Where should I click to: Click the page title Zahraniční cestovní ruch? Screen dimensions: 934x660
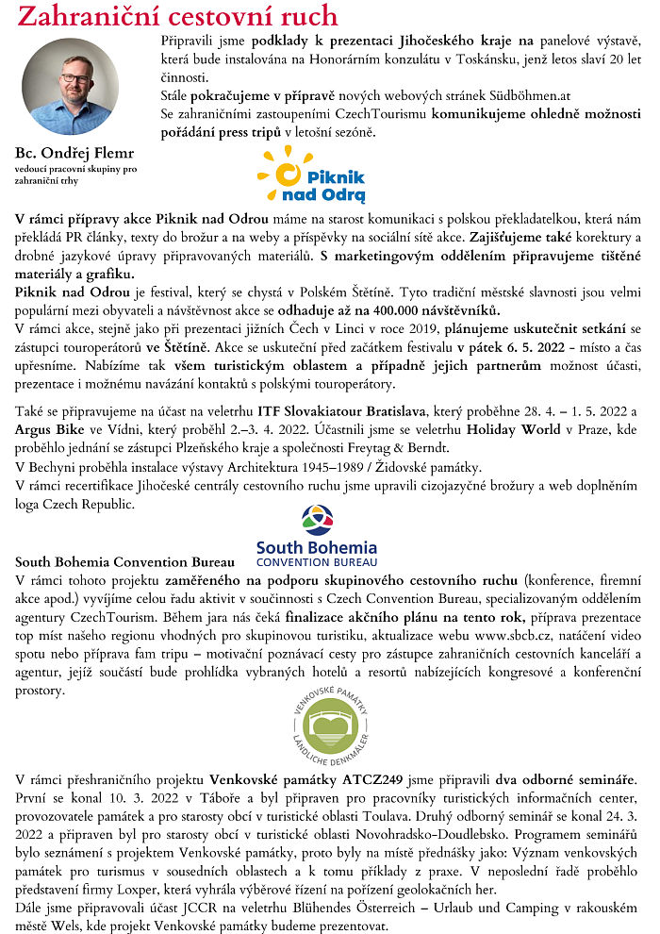(x=177, y=16)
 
